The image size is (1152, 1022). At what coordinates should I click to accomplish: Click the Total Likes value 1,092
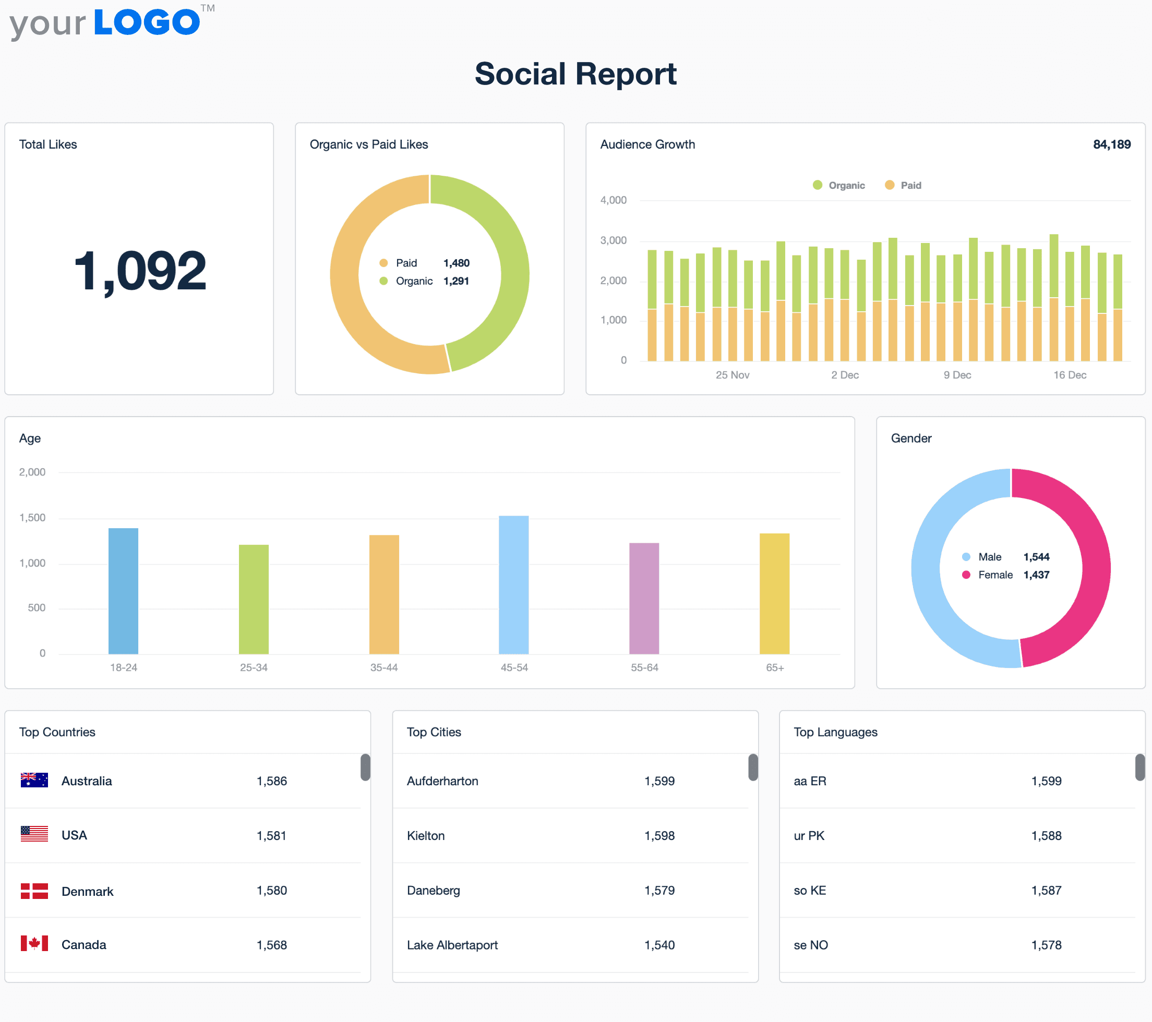140,271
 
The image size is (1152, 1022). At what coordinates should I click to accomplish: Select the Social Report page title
575,74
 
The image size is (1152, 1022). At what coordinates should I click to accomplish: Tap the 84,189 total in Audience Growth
1111,144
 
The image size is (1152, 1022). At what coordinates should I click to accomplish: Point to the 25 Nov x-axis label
732,375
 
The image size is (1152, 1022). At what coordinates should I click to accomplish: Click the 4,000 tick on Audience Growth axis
613,200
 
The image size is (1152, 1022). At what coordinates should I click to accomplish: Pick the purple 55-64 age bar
644,598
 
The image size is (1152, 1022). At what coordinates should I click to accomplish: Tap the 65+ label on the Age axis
774,667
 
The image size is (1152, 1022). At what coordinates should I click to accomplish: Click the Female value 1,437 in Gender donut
1036,575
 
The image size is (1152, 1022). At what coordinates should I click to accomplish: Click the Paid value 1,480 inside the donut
456,263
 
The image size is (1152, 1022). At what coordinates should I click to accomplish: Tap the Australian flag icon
34,780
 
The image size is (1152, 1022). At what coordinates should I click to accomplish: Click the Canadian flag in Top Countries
34,944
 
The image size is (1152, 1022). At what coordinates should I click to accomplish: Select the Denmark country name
87,891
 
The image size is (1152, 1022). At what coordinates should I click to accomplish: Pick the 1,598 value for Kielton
659,835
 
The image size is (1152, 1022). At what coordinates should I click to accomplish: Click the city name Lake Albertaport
452,945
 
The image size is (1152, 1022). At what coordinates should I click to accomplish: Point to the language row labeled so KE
810,890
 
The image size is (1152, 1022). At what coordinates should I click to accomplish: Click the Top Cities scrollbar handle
752,768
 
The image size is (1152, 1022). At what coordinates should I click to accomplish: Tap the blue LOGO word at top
147,22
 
